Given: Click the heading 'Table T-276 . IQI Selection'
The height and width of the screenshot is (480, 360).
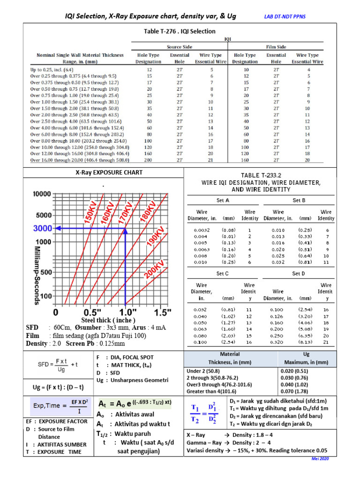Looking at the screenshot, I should point(179,31).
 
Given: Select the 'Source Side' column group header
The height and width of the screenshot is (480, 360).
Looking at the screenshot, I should point(179,47).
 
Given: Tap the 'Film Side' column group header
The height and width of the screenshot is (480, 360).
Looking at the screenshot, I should point(277,47).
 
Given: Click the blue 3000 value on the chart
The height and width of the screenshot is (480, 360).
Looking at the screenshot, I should point(42,228).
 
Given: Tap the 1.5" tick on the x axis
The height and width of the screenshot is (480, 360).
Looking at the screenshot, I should point(162,312).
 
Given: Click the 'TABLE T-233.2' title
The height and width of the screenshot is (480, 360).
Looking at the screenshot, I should point(261,174).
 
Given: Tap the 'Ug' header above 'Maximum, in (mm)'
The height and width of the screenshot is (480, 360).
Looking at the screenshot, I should point(307,354).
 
